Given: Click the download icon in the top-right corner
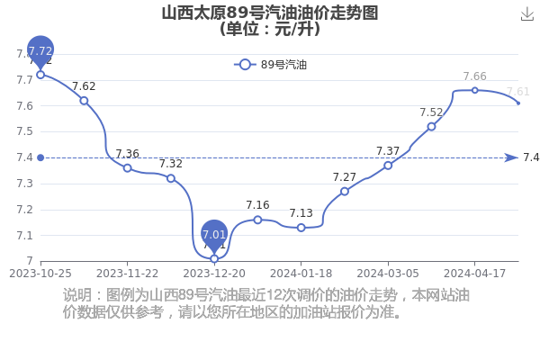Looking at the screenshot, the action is click(526, 14).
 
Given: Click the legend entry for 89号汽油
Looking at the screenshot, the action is click(270, 65).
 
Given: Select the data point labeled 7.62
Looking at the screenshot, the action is click(84, 101).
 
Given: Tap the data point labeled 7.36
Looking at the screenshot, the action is click(128, 168).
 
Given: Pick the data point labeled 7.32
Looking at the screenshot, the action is click(171, 178).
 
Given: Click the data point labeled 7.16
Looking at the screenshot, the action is click(257, 220).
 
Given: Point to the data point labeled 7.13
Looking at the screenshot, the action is click(301, 228).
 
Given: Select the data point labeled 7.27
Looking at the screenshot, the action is click(345, 191).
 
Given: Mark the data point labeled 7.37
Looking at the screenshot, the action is click(388, 166).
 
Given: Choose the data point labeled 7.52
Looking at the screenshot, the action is click(431, 127).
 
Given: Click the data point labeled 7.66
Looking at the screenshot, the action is click(475, 90).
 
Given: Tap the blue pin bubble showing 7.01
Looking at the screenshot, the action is click(214, 235).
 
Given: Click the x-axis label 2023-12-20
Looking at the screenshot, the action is click(214, 274).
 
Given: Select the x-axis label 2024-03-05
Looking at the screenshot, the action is click(388, 274).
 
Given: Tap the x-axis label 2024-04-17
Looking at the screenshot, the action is click(474, 274).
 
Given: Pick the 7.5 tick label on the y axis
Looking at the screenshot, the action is click(25, 131).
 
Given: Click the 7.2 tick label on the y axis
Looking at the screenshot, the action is click(25, 210).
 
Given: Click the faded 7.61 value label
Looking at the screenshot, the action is click(517, 92).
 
